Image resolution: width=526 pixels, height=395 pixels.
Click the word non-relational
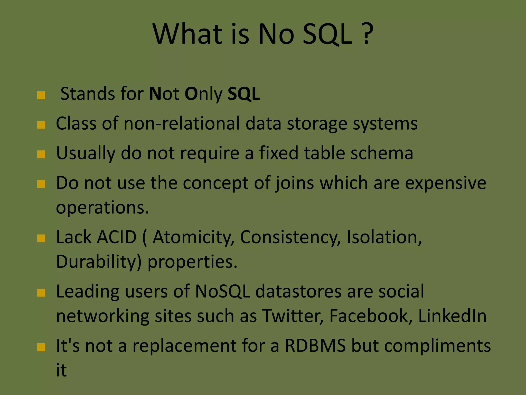pos(182,123)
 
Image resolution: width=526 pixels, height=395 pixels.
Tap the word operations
pos(102,208)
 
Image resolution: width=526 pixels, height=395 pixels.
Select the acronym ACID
pos(117,237)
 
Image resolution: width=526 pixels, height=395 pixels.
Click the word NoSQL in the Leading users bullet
pos(222,292)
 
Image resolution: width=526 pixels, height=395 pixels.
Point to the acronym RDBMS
pos(315,346)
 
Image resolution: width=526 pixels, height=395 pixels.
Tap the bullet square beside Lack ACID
pos(41,238)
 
